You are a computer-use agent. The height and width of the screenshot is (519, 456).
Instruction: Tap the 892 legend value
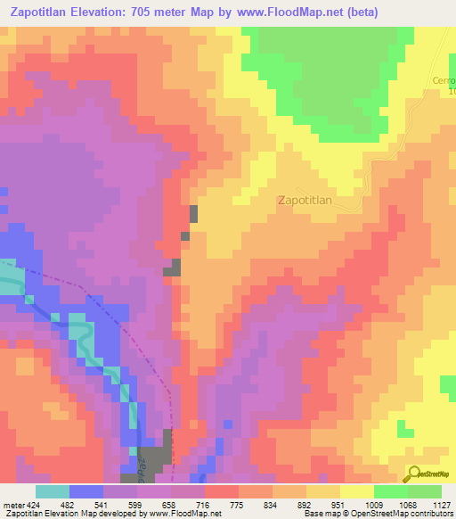click(x=306, y=504)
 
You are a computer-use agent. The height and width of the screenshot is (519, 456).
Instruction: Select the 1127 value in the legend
click(x=441, y=504)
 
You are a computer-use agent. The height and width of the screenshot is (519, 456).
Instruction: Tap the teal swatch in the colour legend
click(x=53, y=491)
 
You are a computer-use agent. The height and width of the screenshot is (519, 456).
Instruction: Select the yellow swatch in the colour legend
click(x=356, y=491)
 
